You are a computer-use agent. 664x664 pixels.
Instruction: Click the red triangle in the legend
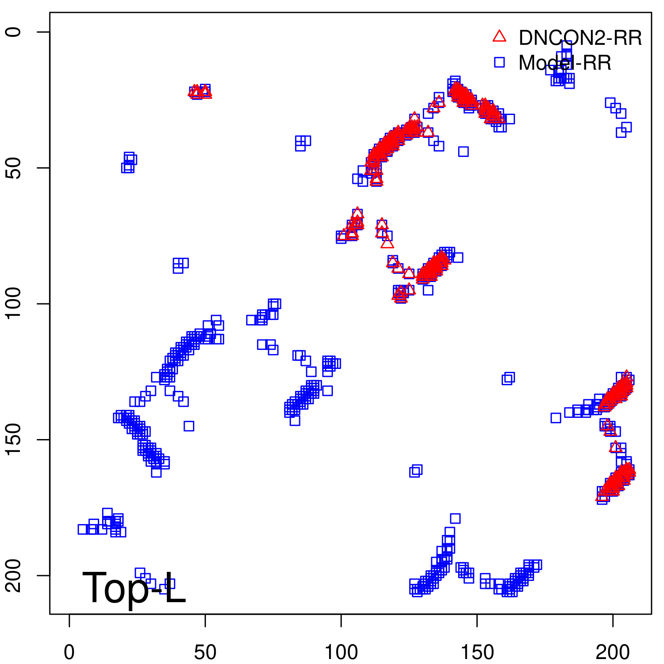(499, 37)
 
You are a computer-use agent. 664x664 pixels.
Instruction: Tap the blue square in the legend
(499, 62)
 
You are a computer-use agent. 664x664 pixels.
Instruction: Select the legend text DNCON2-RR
(580, 38)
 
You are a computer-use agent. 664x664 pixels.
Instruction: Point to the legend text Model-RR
(565, 63)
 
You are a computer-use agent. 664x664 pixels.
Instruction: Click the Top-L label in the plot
(134, 588)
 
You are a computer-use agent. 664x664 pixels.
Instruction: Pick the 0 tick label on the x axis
(69, 652)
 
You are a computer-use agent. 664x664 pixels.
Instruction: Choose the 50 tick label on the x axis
(205, 652)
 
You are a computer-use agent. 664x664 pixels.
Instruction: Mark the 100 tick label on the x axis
(341, 652)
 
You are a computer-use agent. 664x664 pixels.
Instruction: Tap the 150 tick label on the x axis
(477, 652)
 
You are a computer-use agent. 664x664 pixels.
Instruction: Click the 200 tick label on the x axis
(613, 652)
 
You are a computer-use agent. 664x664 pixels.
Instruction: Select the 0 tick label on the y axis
(13, 32)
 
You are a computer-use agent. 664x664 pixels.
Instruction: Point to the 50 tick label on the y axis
(13, 168)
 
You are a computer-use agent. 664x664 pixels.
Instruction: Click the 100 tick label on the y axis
(13, 304)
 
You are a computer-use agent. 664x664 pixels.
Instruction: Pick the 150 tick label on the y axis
(13, 439)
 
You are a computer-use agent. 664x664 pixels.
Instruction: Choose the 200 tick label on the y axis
(13, 576)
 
